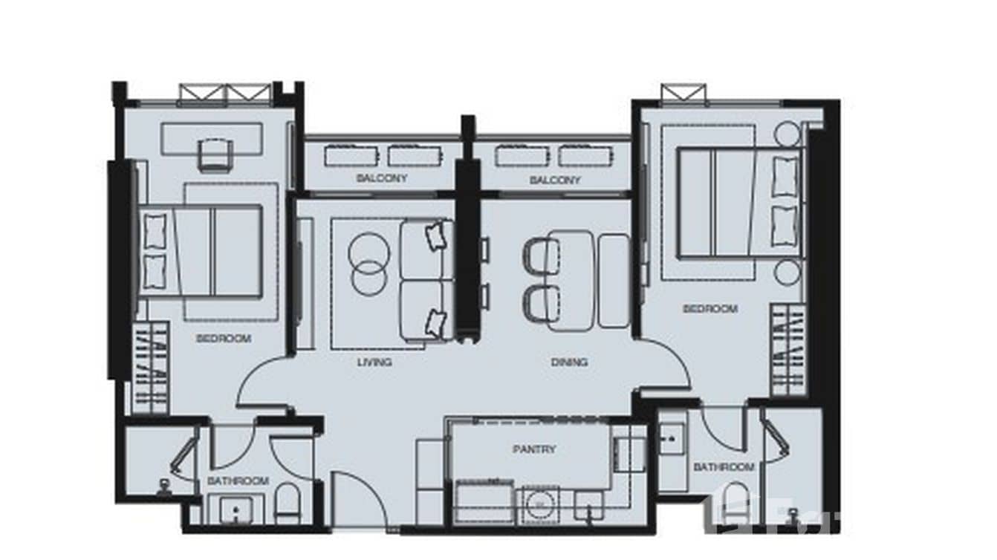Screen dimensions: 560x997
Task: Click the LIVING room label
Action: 374,362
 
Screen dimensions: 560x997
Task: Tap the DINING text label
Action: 569,362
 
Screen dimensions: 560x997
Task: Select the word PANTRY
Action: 533,449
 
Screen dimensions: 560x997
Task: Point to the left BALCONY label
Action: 382,179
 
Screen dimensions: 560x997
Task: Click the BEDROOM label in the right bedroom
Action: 710,309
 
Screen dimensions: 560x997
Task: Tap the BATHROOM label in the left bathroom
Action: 238,481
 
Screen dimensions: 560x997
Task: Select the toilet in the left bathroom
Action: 288,503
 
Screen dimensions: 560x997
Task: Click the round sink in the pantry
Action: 540,504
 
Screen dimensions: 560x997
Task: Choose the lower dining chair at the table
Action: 542,304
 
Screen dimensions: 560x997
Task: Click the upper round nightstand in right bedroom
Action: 787,134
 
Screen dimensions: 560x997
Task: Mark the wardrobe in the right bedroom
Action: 788,349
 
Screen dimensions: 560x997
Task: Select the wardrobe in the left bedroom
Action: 150,368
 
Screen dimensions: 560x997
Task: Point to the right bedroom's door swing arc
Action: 666,364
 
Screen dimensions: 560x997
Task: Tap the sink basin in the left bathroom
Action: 236,511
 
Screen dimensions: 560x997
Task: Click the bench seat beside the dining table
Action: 614,281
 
